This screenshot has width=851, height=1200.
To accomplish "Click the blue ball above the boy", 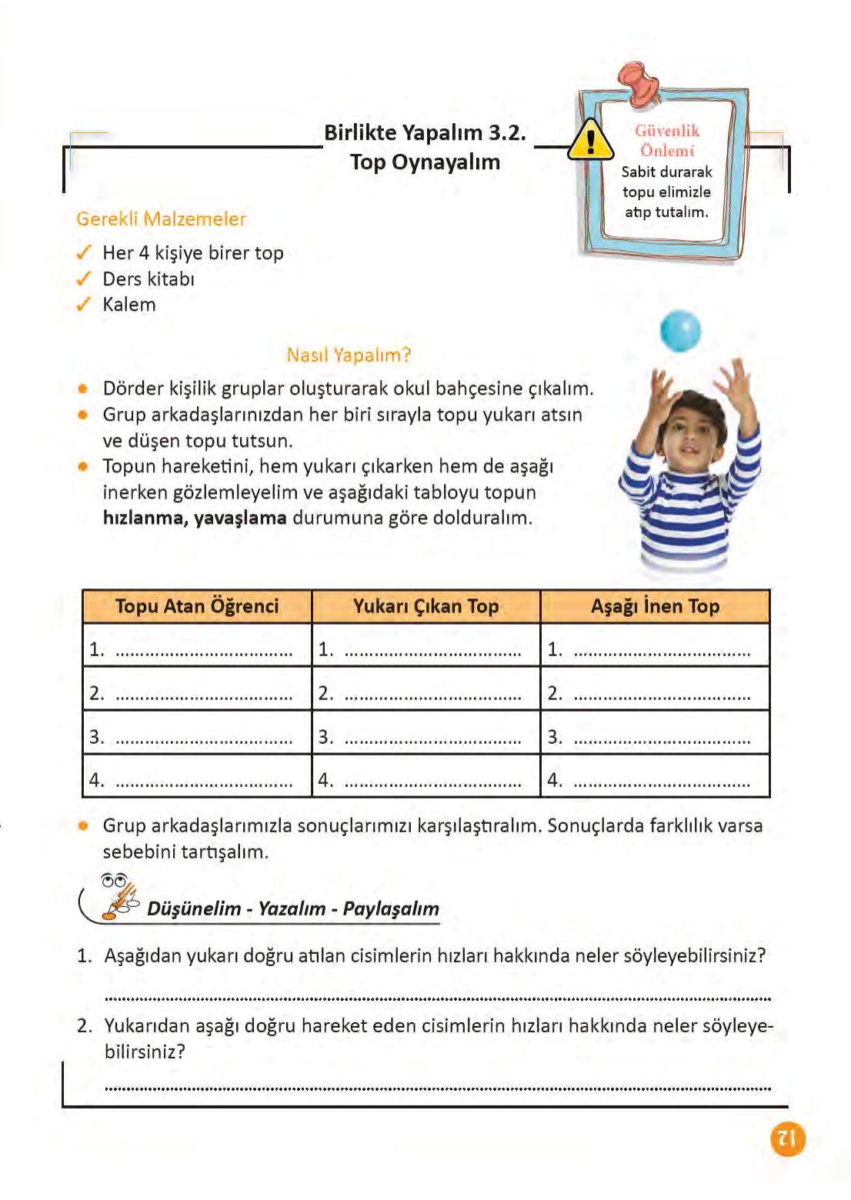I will pos(680,330).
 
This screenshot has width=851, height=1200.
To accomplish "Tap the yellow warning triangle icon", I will pos(590,141).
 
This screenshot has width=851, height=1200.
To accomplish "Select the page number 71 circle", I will pos(786,1138).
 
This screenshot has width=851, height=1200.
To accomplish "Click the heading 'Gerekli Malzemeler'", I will pos(161,219).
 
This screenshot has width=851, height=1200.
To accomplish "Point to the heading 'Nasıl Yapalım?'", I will pos(349,355).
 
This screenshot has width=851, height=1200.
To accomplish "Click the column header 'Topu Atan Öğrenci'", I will pos(197,606).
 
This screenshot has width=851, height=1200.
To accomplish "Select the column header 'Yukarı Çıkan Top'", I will pos(425,606).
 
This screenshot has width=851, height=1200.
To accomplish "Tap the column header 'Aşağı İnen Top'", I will pos(655,606).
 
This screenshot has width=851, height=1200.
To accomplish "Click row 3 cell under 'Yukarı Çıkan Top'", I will pos(425,736).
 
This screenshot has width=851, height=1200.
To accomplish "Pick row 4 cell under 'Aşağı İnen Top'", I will pos(655,779).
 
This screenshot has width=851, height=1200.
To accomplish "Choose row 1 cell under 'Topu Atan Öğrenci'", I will pos(197,649).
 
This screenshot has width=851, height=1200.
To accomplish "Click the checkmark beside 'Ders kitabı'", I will pos(84,279).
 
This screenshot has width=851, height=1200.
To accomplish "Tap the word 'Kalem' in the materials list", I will pos(129,305).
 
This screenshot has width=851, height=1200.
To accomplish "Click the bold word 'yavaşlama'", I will pos(240,518).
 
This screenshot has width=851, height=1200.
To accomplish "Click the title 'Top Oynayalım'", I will pos(425,162).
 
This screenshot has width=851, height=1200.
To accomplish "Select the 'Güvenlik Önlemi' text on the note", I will pos(667,141).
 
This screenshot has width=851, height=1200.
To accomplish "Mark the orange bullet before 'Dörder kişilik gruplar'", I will pos(83,388).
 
